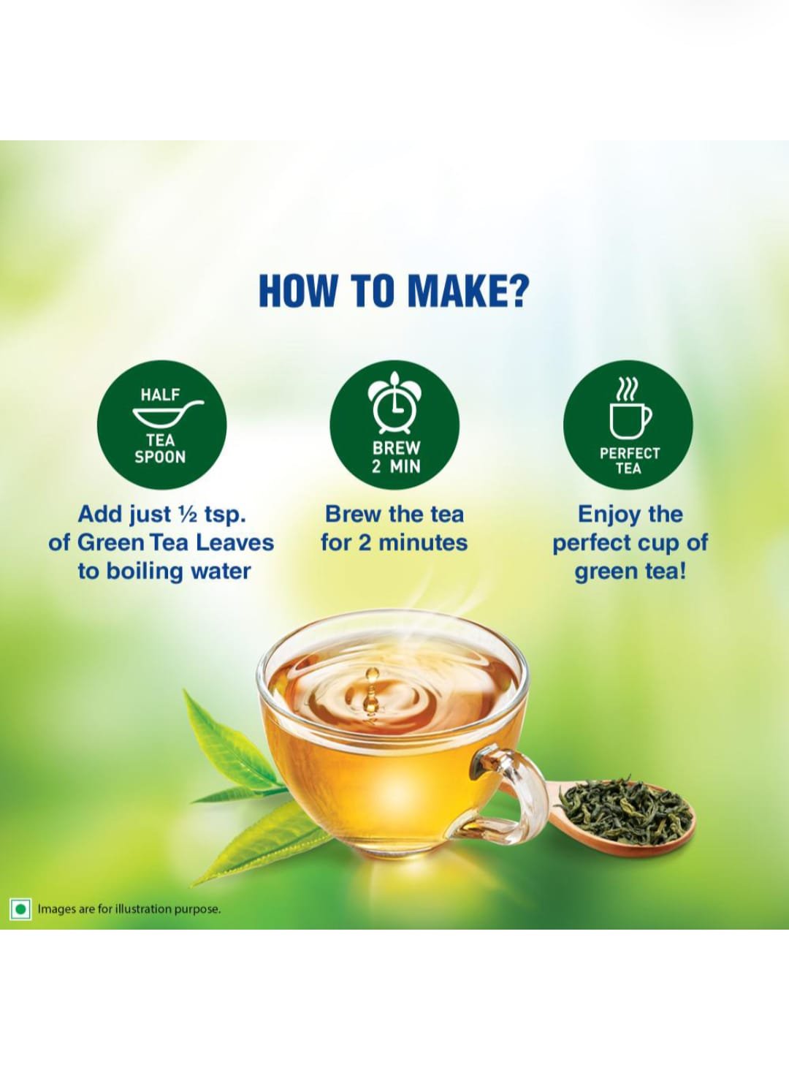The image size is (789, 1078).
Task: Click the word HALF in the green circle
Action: click(160, 395)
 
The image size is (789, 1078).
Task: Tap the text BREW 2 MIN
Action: click(395, 457)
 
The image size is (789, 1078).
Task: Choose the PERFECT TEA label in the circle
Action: click(629, 461)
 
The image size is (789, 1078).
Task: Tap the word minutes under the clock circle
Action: click(423, 543)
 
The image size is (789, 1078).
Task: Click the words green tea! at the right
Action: click(630, 572)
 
